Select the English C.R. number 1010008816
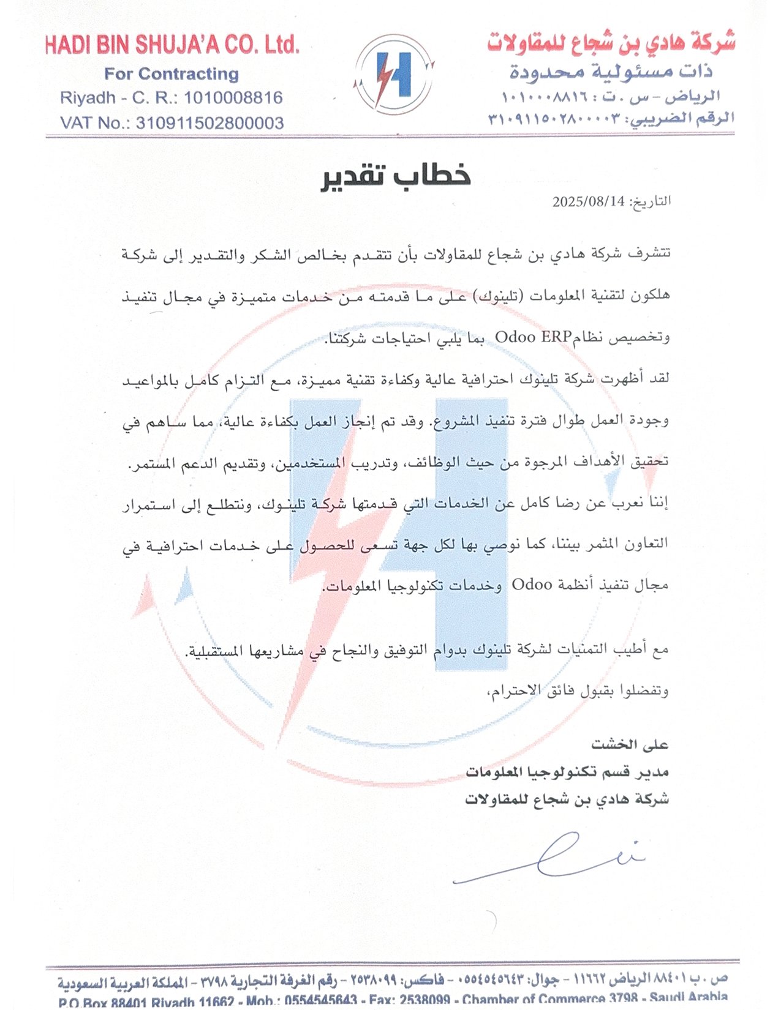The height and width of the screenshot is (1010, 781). click(x=233, y=98)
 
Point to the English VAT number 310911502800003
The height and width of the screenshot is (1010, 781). click(x=209, y=123)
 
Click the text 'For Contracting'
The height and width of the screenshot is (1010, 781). click(x=172, y=74)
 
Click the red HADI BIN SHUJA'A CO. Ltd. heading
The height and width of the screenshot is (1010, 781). click(x=172, y=45)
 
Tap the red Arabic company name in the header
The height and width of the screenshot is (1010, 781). click(x=611, y=42)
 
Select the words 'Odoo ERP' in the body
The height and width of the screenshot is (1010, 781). click(x=532, y=337)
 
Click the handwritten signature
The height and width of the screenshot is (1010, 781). click(x=551, y=857)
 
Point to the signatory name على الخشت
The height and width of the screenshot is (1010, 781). click(x=630, y=744)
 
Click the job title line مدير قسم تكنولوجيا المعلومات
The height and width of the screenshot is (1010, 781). click(x=567, y=772)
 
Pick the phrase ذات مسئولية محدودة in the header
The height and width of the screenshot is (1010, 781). click(x=611, y=72)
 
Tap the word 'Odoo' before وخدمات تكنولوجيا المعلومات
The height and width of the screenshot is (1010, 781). click(x=532, y=585)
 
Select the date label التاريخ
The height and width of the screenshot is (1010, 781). click(x=650, y=201)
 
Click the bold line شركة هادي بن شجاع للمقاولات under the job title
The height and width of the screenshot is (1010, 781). click(x=567, y=799)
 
